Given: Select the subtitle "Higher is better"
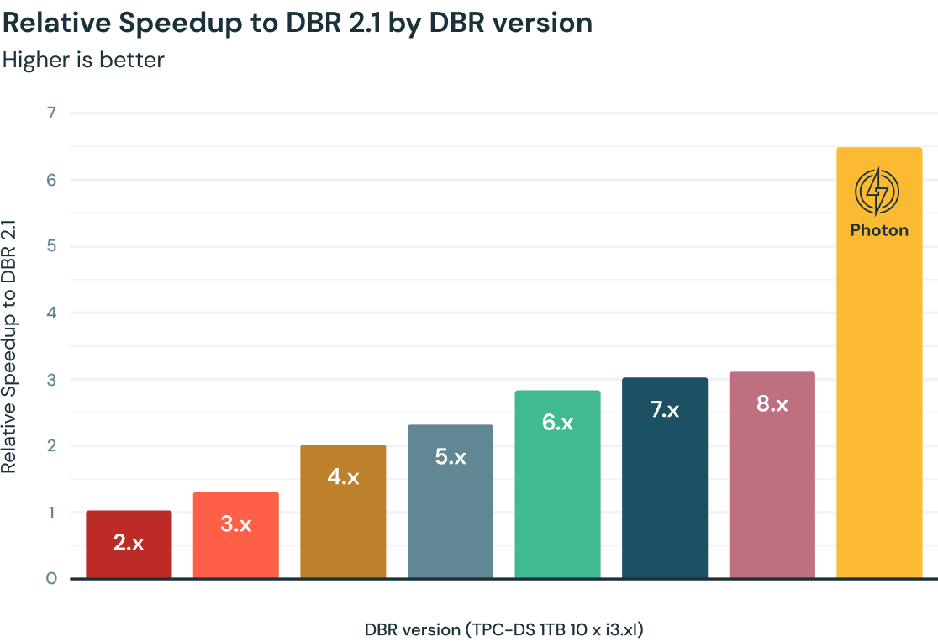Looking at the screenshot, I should (83, 60).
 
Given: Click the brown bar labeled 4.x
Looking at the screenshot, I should (343, 512).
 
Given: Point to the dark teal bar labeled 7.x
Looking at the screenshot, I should (665, 478).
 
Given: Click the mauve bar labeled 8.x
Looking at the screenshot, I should (772, 475).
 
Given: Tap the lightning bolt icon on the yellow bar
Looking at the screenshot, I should (877, 192).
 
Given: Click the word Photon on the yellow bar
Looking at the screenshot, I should (879, 230).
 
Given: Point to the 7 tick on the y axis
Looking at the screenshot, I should (51, 113).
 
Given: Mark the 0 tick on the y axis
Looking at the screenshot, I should (51, 579).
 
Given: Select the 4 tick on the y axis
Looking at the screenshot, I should (51, 313).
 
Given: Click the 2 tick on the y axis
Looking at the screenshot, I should (51, 446).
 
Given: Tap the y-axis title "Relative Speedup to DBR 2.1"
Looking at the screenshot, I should (9, 346).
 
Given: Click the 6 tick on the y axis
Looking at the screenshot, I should (51, 180).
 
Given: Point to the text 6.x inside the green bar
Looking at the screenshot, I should (557, 423).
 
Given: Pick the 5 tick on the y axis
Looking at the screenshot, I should (51, 246).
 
